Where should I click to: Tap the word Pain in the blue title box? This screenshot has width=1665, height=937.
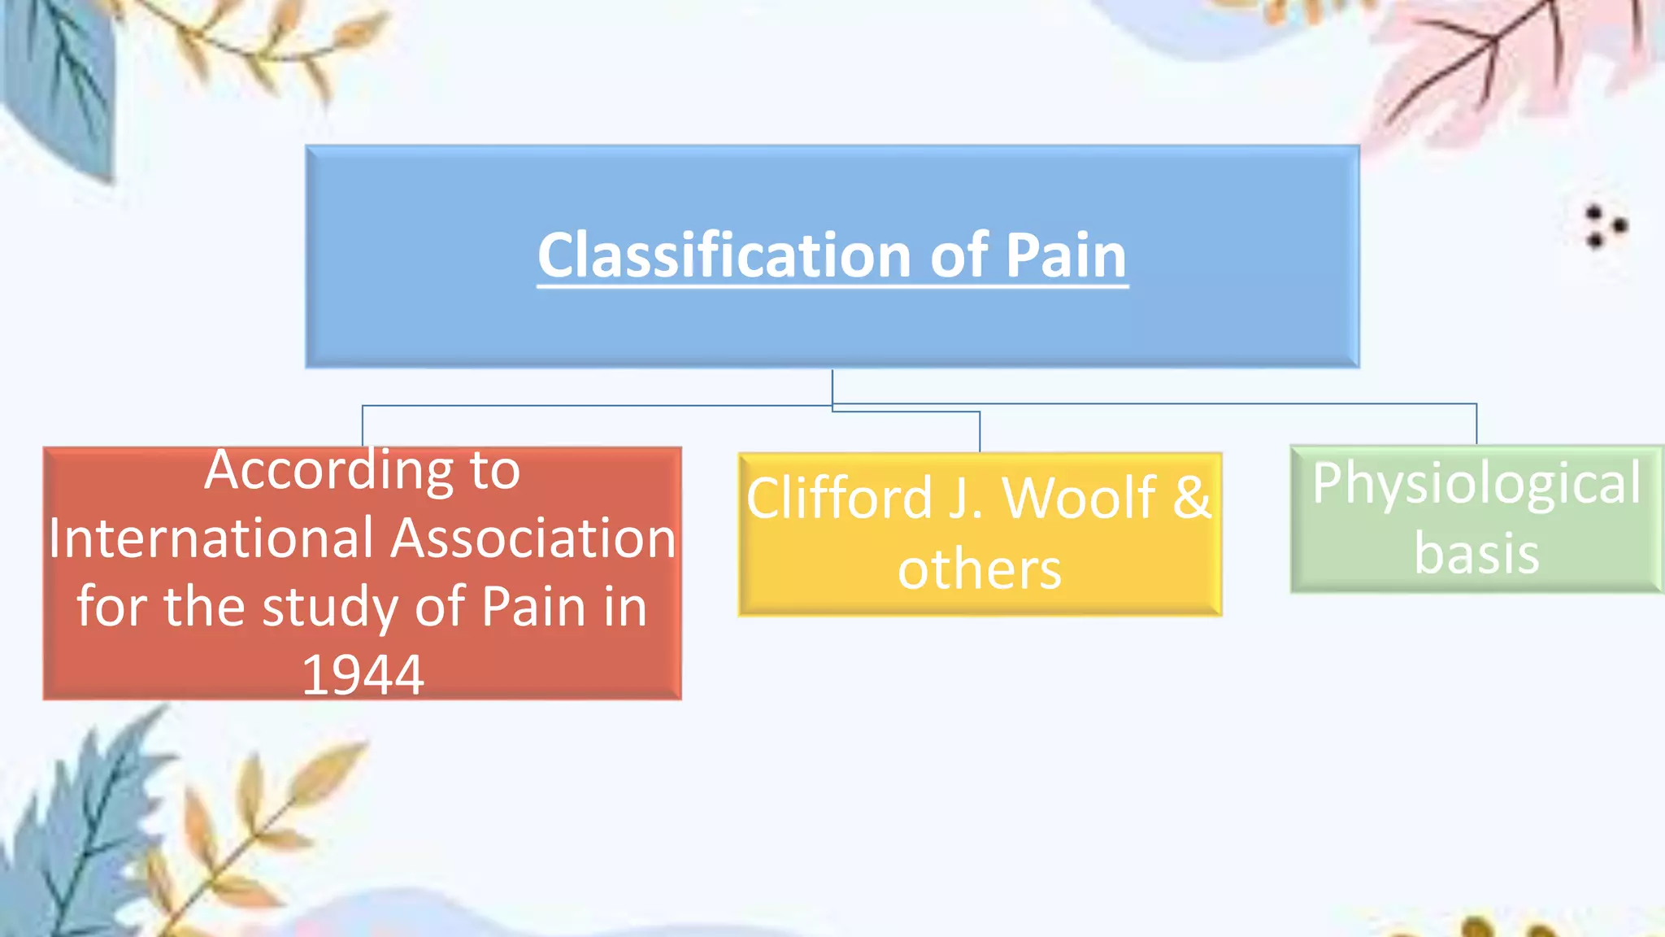click(1066, 255)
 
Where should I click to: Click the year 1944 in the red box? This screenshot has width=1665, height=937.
click(363, 675)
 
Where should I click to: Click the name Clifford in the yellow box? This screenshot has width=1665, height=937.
click(839, 498)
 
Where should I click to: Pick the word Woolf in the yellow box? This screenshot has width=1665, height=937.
click(1079, 498)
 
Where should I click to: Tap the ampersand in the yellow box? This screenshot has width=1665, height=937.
click(1191, 498)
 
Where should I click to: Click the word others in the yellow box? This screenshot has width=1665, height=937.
click(980, 569)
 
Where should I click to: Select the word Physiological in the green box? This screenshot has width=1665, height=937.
click(1476, 483)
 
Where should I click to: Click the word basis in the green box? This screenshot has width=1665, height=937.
click(1476, 554)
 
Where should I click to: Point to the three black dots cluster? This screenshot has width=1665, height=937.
click(1604, 226)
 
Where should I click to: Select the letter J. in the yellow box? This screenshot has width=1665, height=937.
click(966, 498)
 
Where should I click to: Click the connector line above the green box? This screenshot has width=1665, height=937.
click(1476, 423)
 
